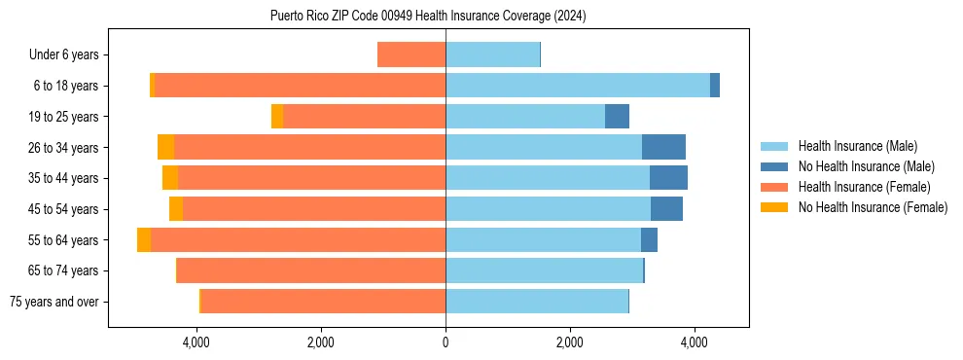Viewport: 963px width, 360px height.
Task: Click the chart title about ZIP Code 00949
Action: click(428, 16)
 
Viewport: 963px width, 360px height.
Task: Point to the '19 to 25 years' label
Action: click(64, 117)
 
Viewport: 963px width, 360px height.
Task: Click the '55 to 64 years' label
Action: click(64, 240)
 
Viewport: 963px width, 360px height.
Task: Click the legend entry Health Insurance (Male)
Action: click(857, 146)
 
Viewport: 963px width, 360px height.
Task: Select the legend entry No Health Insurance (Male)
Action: click(866, 166)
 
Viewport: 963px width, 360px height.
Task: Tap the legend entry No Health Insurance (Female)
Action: click(873, 207)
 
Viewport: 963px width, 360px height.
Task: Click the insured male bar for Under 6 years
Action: click(492, 54)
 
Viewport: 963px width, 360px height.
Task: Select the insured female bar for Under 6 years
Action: click(411, 54)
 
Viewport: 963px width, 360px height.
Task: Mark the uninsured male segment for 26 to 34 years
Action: click(663, 147)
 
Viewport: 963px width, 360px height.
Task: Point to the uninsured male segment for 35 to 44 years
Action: click(668, 178)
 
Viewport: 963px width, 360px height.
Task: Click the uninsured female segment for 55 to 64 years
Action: click(144, 240)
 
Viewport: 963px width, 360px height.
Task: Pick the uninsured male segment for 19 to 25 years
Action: click(617, 117)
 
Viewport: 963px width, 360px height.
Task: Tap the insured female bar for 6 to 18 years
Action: click(300, 86)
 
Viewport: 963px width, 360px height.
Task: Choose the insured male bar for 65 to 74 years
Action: click(544, 270)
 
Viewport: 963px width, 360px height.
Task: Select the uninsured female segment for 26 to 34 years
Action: click(165, 147)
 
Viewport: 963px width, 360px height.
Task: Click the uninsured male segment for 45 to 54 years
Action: click(666, 209)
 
